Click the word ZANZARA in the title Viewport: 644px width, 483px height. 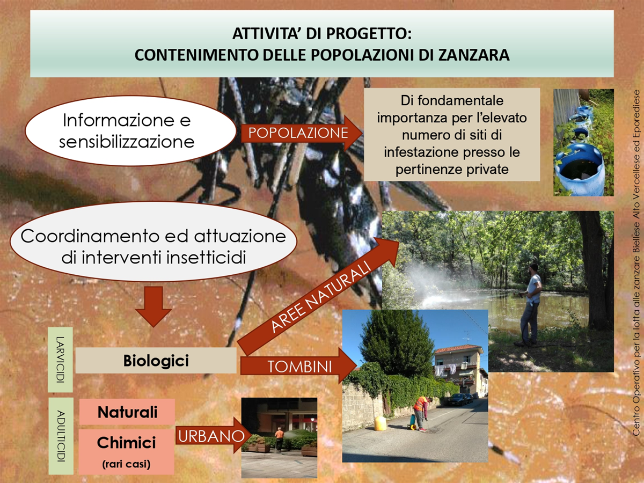click(474, 55)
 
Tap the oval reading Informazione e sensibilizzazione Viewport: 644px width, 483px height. click(130, 130)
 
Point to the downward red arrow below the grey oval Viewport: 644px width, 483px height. click(153, 306)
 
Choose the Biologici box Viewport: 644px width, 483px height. click(156, 361)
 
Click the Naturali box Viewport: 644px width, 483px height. click(127, 412)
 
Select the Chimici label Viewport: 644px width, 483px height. click(127, 442)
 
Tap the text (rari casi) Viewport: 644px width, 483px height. click(126, 464)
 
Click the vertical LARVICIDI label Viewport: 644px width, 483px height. click(60, 360)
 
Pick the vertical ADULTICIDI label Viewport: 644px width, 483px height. click(61, 436)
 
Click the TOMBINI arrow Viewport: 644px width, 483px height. click(299, 366)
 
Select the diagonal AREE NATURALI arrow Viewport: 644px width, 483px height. click(318, 296)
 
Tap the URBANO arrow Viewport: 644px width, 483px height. click(213, 436)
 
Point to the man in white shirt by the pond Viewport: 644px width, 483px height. click(532, 304)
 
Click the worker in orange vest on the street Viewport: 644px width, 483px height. click(422, 413)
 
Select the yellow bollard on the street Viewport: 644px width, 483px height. click(381, 423)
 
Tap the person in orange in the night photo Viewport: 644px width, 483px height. click(279, 439)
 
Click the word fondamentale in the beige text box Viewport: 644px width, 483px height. click(460, 100)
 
